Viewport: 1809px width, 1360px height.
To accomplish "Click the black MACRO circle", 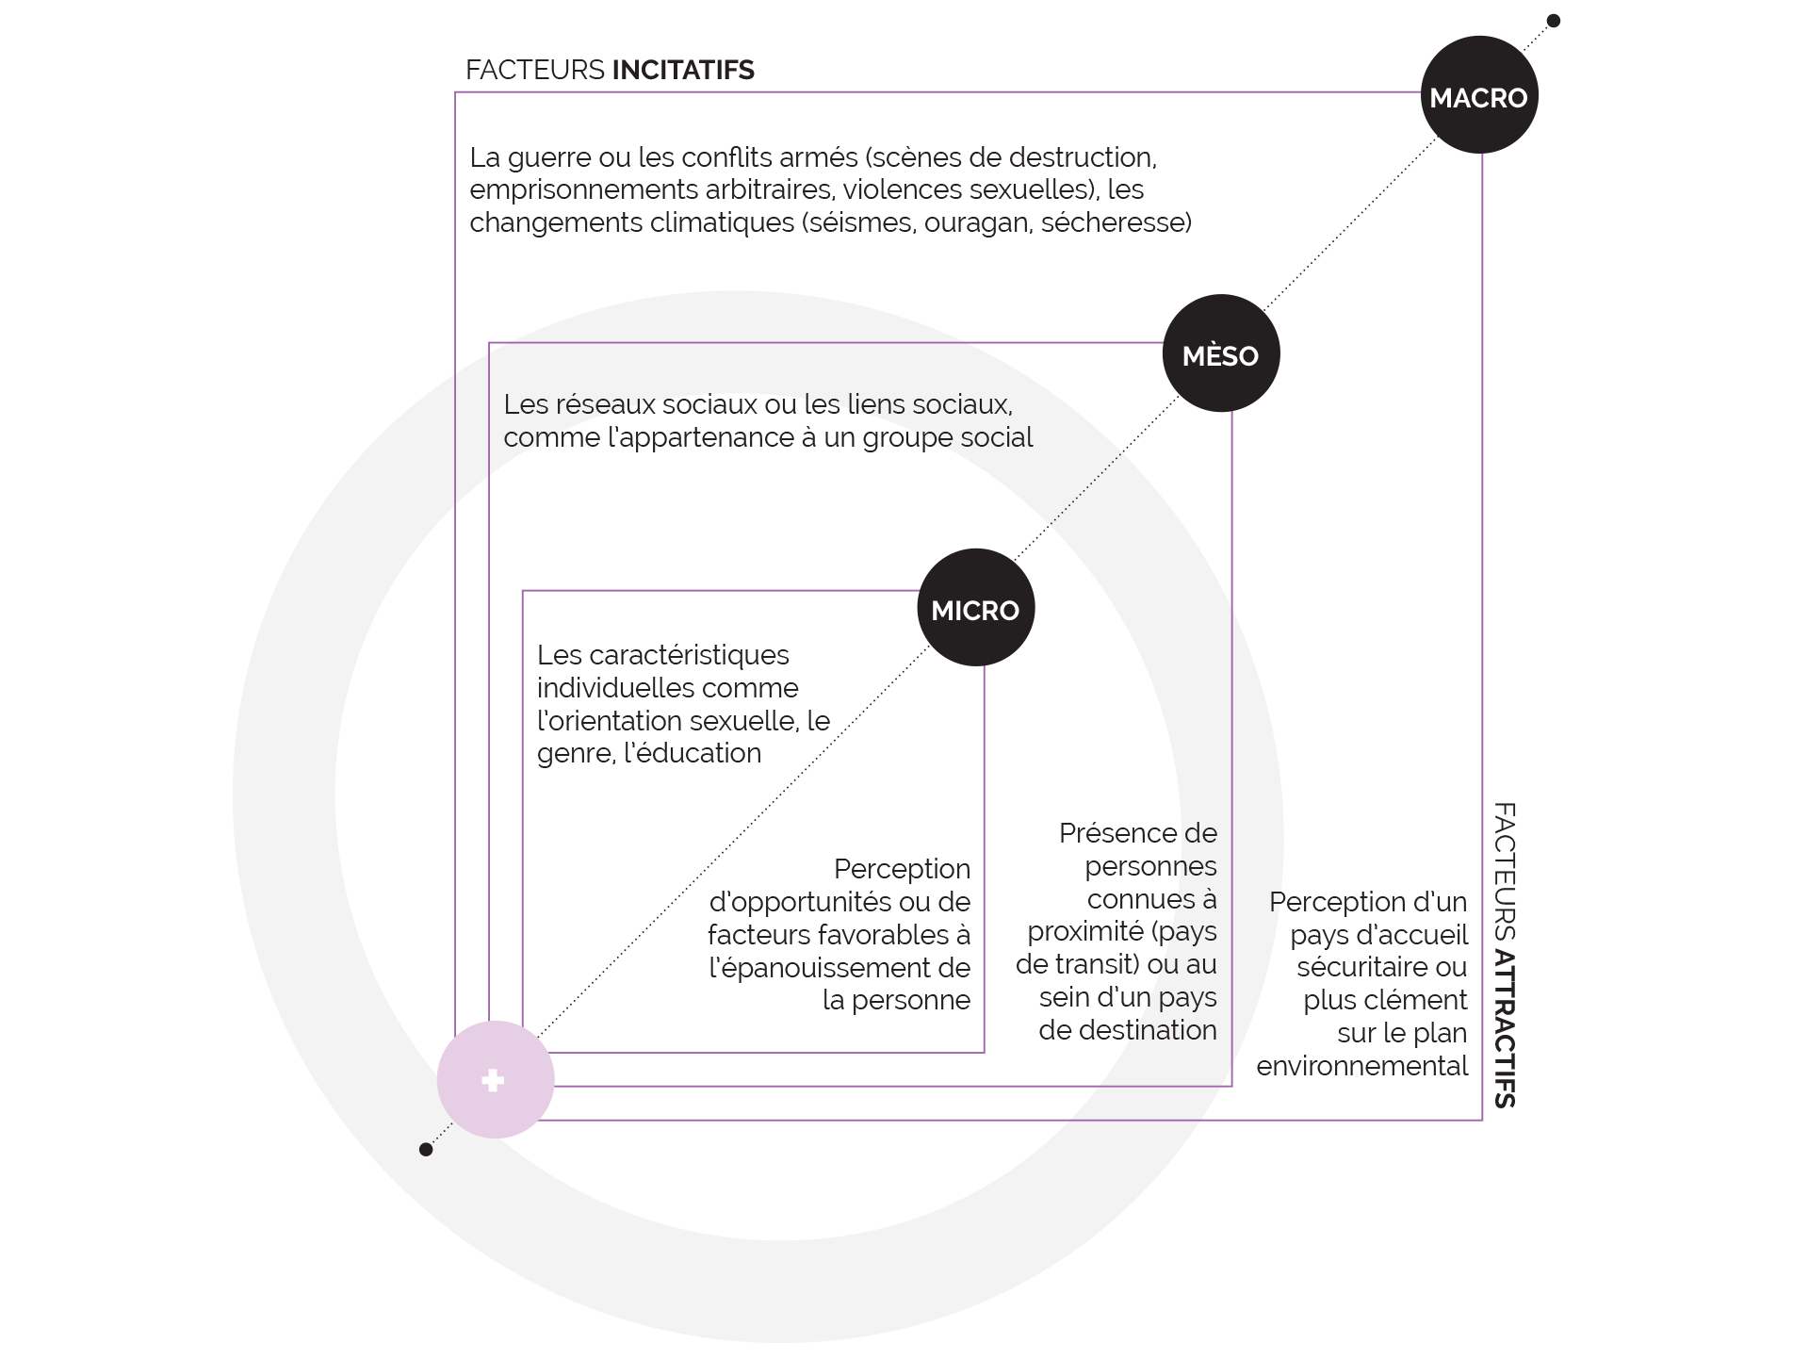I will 1478,95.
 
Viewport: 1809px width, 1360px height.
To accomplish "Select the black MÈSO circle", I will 1220,353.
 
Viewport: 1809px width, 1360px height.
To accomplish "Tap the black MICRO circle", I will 975,608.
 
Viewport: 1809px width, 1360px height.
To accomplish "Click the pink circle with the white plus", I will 495,1079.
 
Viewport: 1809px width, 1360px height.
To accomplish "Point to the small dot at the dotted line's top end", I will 1554,21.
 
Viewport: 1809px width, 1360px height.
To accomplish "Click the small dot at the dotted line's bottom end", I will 426,1149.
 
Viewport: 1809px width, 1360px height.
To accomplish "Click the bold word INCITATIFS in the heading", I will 683,71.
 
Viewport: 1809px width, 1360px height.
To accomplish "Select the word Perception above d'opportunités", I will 902,869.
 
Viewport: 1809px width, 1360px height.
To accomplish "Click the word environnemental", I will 1361,1066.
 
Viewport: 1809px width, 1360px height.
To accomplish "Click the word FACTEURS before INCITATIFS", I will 534,71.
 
